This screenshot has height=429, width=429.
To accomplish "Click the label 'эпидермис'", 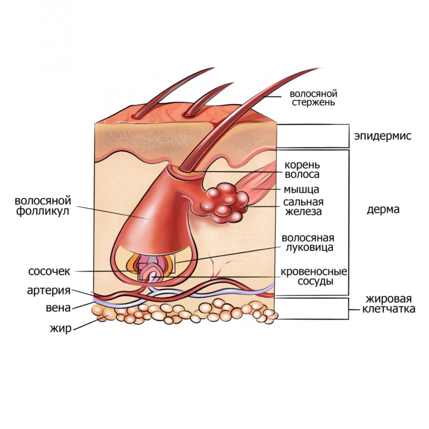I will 383,136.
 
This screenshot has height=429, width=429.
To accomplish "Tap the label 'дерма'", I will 383,209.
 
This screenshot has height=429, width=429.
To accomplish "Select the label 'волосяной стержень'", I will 313,98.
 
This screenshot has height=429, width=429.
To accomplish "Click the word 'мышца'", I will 301,189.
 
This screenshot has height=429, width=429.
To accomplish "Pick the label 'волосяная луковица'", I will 308,243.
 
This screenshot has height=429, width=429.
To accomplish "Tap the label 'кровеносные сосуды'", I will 313,277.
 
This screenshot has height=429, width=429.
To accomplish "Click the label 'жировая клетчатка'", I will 389,304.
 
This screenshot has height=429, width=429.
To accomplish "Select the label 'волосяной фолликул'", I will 43,206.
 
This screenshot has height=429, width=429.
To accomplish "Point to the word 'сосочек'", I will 49,271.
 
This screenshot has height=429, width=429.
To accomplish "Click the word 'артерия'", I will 49,290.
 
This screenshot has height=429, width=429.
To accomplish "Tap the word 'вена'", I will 58,308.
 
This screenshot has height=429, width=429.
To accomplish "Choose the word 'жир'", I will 61,328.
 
